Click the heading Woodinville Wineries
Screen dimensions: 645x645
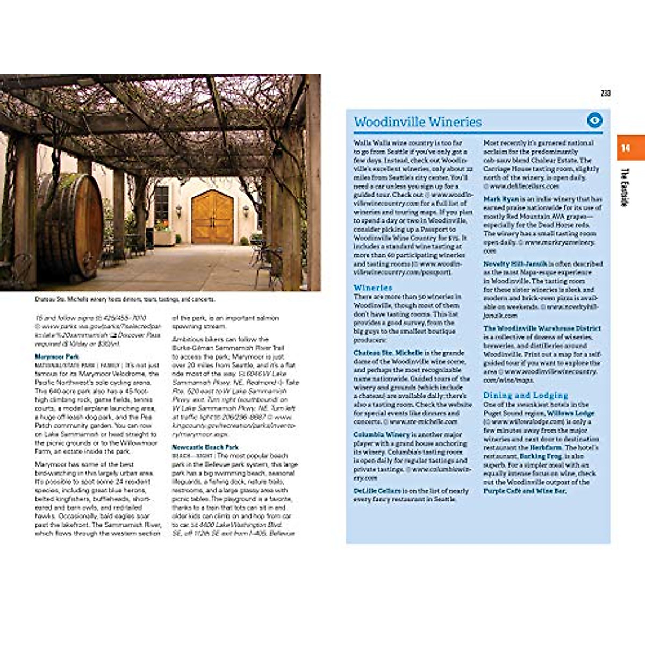(418, 122)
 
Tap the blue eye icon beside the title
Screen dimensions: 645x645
(594, 120)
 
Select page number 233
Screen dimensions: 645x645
(605, 94)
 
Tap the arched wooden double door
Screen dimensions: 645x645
(212, 217)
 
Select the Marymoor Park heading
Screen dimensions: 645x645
(57, 357)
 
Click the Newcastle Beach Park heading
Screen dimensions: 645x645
(205, 447)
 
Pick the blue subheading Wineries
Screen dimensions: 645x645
(373, 288)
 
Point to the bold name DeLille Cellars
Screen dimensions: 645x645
(377, 491)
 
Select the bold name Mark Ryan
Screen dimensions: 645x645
(500, 199)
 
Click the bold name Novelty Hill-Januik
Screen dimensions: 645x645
(515, 264)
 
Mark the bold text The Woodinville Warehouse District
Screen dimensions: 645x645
(542, 328)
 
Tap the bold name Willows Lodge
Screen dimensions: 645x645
(570, 413)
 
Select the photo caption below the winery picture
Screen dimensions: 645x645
(125, 299)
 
